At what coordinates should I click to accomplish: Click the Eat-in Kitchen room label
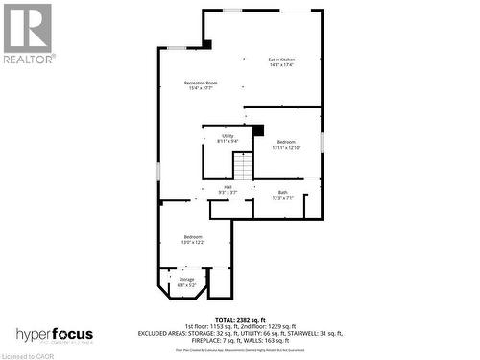[x=280, y=60]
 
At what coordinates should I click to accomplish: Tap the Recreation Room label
[x=201, y=84]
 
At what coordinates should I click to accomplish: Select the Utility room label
[x=228, y=136]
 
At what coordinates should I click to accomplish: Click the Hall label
[x=228, y=186]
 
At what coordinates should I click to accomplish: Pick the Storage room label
[x=186, y=280]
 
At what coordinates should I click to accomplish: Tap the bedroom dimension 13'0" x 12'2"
[x=193, y=242]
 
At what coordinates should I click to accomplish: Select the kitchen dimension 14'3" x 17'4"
[x=280, y=65]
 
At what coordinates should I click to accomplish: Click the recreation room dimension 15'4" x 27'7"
[x=201, y=89]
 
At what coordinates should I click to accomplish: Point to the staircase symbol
[x=246, y=167]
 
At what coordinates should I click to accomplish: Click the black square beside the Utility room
[x=257, y=130]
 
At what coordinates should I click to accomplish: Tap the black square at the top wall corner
[x=206, y=43]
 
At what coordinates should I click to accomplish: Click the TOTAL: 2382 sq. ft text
[x=240, y=319]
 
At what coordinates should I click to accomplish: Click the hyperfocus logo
[x=57, y=334]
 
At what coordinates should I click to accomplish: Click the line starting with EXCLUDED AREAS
[x=240, y=332]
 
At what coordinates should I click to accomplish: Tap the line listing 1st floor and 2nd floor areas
[x=240, y=325]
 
